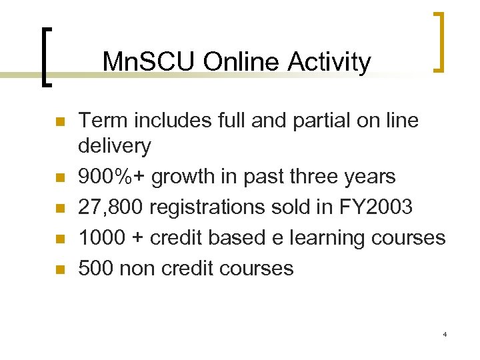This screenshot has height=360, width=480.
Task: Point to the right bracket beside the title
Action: click(438, 41)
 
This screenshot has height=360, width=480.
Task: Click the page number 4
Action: click(445, 334)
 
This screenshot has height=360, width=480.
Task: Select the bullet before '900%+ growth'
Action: click(59, 178)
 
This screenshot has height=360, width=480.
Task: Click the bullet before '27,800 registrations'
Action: click(59, 209)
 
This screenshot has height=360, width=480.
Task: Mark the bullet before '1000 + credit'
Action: click(59, 239)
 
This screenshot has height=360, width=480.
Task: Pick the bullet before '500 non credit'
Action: click(59, 270)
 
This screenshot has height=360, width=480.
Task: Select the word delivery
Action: click(115, 145)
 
